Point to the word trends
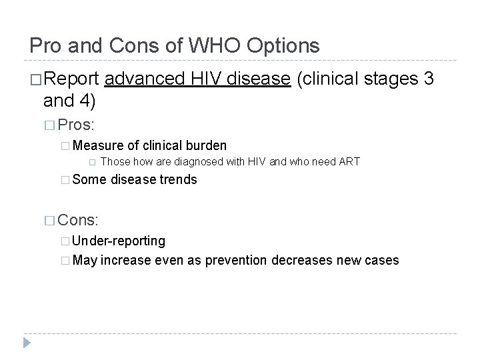tap(178, 179)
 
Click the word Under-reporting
tap(119, 240)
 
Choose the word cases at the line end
tap(381, 259)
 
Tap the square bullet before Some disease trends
tap(64, 179)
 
